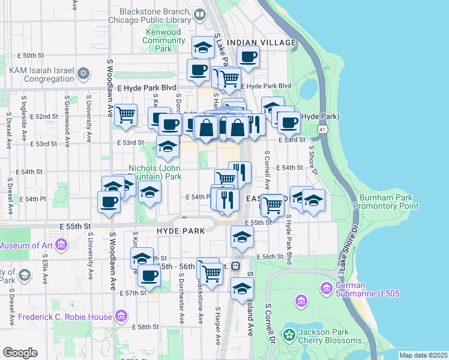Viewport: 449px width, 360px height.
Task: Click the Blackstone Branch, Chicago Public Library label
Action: (x=159, y=16)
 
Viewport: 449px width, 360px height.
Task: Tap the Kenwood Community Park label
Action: (x=164, y=41)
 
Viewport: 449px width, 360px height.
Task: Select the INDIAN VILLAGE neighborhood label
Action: (x=267, y=43)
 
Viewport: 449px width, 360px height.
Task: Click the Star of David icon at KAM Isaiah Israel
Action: (x=83, y=74)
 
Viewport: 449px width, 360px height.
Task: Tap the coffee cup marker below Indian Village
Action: (x=247, y=57)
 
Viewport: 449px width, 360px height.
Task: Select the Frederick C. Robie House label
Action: (x=65, y=317)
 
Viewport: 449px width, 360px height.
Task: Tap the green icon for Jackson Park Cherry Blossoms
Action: (x=289, y=334)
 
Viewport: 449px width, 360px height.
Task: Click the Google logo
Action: (x=20, y=353)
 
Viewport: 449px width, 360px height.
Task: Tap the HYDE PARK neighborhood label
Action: (x=181, y=230)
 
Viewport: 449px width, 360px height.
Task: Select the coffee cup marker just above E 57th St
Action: (x=149, y=275)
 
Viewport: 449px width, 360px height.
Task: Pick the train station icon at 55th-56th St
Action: (x=237, y=266)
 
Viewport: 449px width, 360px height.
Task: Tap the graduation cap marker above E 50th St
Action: (x=203, y=47)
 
